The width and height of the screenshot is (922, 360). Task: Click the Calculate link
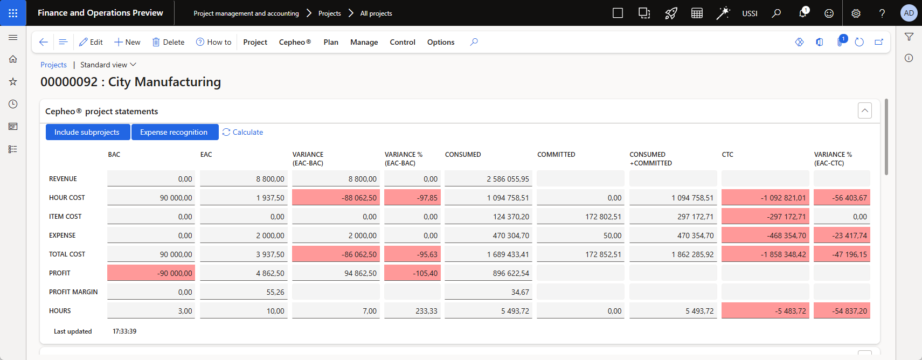pos(243,132)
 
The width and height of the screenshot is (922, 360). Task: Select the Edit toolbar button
pos(91,42)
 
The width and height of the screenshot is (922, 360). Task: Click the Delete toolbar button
pos(168,42)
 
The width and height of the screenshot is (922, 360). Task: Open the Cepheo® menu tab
pos(295,42)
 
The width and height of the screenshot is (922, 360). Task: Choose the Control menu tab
pos(402,42)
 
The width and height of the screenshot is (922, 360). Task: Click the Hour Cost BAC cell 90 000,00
pos(151,197)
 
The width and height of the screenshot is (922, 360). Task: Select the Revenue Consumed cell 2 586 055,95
pos(488,178)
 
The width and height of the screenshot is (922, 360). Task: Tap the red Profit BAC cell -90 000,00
pos(151,273)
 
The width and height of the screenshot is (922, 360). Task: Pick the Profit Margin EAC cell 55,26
pos(244,292)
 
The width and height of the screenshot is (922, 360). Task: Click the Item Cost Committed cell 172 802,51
pos(580,217)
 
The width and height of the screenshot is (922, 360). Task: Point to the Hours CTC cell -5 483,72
pos(765,311)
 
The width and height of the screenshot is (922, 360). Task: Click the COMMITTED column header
pos(556,155)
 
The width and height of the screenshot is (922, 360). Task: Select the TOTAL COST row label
pos(67,254)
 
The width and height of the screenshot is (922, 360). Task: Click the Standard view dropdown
pos(108,65)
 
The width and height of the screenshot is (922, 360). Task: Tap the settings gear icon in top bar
pos(856,13)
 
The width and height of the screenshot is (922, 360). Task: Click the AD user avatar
pos(909,13)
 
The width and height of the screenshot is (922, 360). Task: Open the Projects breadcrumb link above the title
pos(53,65)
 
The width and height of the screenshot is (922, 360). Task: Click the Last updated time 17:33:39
pos(124,331)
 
